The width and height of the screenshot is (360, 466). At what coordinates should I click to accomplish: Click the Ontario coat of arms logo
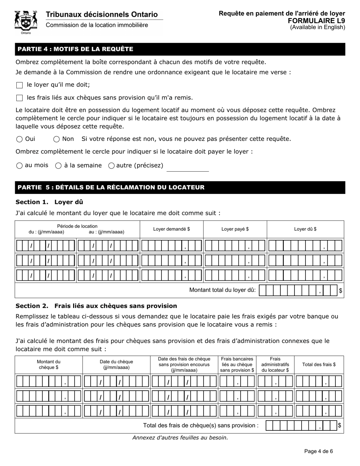point(26,22)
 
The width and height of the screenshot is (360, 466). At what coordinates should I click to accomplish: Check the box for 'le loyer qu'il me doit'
point(20,85)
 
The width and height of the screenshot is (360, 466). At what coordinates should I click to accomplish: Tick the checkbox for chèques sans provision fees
point(20,98)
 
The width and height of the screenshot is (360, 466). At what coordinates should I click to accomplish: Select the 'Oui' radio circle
point(20,139)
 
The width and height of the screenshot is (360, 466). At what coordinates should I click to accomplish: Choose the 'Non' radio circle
point(56,139)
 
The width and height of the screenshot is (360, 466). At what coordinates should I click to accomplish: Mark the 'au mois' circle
point(20,166)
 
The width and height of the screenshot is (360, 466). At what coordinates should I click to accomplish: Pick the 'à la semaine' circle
point(58,166)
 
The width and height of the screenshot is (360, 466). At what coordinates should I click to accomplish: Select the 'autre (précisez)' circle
point(111,166)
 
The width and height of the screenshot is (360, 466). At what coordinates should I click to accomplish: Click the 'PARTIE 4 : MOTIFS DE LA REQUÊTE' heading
point(75,49)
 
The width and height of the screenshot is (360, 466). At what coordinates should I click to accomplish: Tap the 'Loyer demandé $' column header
point(171,229)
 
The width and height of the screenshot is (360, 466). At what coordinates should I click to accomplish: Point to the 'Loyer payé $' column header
point(235,229)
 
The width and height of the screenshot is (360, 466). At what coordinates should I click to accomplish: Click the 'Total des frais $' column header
point(319,365)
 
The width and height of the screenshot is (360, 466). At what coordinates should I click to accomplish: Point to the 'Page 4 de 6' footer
point(318,451)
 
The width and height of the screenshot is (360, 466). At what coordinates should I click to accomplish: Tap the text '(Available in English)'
point(318,27)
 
